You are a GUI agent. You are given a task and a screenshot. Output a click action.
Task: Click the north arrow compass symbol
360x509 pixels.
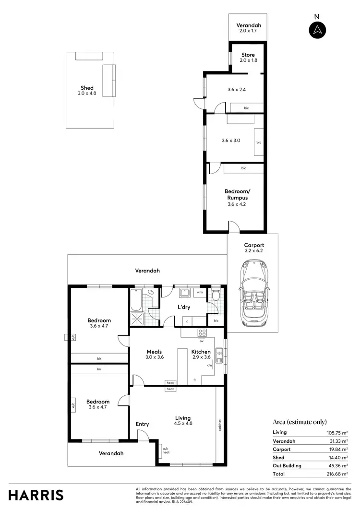click(317, 30)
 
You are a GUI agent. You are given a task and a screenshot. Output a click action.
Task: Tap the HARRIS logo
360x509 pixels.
click(36, 495)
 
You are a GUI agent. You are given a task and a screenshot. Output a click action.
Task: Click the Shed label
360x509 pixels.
click(87, 88)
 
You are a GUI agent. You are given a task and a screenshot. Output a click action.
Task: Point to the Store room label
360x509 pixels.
click(248, 55)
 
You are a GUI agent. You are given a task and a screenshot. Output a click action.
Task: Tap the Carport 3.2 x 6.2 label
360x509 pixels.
click(253, 248)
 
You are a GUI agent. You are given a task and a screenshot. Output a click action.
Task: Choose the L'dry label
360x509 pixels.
click(185, 308)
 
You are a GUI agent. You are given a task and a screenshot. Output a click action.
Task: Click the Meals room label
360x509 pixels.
click(154, 352)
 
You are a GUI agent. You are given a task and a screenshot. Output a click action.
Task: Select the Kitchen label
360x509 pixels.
click(201, 352)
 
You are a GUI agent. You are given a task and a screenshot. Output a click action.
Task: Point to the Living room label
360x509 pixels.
click(183, 418)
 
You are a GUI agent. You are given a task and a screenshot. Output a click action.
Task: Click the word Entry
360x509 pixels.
click(143, 424)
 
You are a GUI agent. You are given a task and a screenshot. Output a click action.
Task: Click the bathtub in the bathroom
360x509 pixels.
click(134, 300)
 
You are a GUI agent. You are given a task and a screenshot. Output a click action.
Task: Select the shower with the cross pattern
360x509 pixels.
click(137, 319)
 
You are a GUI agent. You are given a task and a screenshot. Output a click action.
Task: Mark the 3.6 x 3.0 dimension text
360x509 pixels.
click(231, 141)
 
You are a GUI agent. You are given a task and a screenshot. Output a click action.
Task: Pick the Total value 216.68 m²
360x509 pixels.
click(337, 474)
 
